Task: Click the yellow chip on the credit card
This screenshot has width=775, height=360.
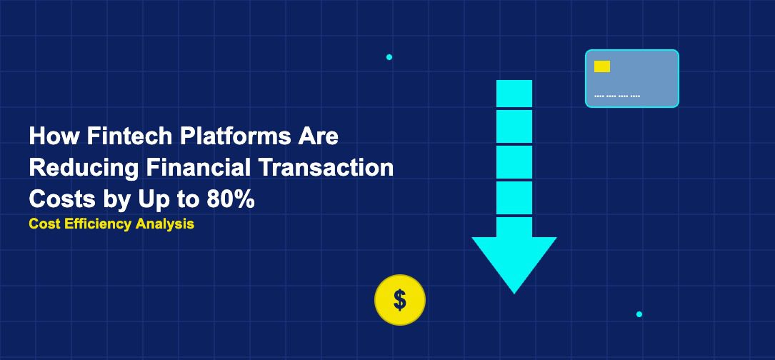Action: coord(602,66)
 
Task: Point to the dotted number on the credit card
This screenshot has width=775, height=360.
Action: coord(617,96)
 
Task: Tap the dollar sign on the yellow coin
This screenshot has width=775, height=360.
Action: coord(400,300)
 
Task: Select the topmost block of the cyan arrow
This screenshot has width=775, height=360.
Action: coord(514,94)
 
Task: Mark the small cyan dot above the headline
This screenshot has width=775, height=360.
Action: coord(389,57)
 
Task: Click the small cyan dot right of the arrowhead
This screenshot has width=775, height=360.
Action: coord(639,314)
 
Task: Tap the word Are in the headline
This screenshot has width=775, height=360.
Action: coord(320,136)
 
